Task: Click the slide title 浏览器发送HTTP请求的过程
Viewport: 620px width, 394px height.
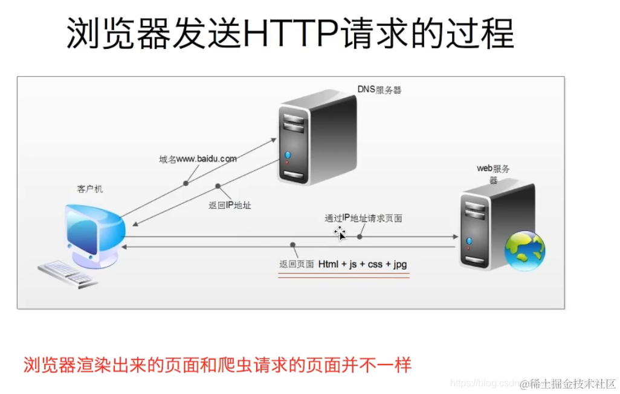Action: [x=289, y=33]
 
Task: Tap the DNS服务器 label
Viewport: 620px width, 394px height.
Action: [x=379, y=91]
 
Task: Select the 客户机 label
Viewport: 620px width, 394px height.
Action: [x=90, y=189]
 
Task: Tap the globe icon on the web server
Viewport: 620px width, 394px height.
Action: [x=525, y=250]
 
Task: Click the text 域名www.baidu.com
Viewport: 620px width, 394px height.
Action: [x=198, y=159]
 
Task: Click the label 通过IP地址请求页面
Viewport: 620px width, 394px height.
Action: [x=363, y=218]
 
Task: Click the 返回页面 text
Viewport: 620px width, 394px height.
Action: [x=296, y=264]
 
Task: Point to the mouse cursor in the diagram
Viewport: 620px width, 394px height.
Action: [x=340, y=233]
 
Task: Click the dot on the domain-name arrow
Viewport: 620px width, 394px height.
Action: [x=186, y=183]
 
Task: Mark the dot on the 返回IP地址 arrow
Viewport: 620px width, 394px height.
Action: [x=218, y=186]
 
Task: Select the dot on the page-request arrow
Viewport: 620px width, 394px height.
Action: [x=360, y=237]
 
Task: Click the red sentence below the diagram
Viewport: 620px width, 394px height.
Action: [x=217, y=365]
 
